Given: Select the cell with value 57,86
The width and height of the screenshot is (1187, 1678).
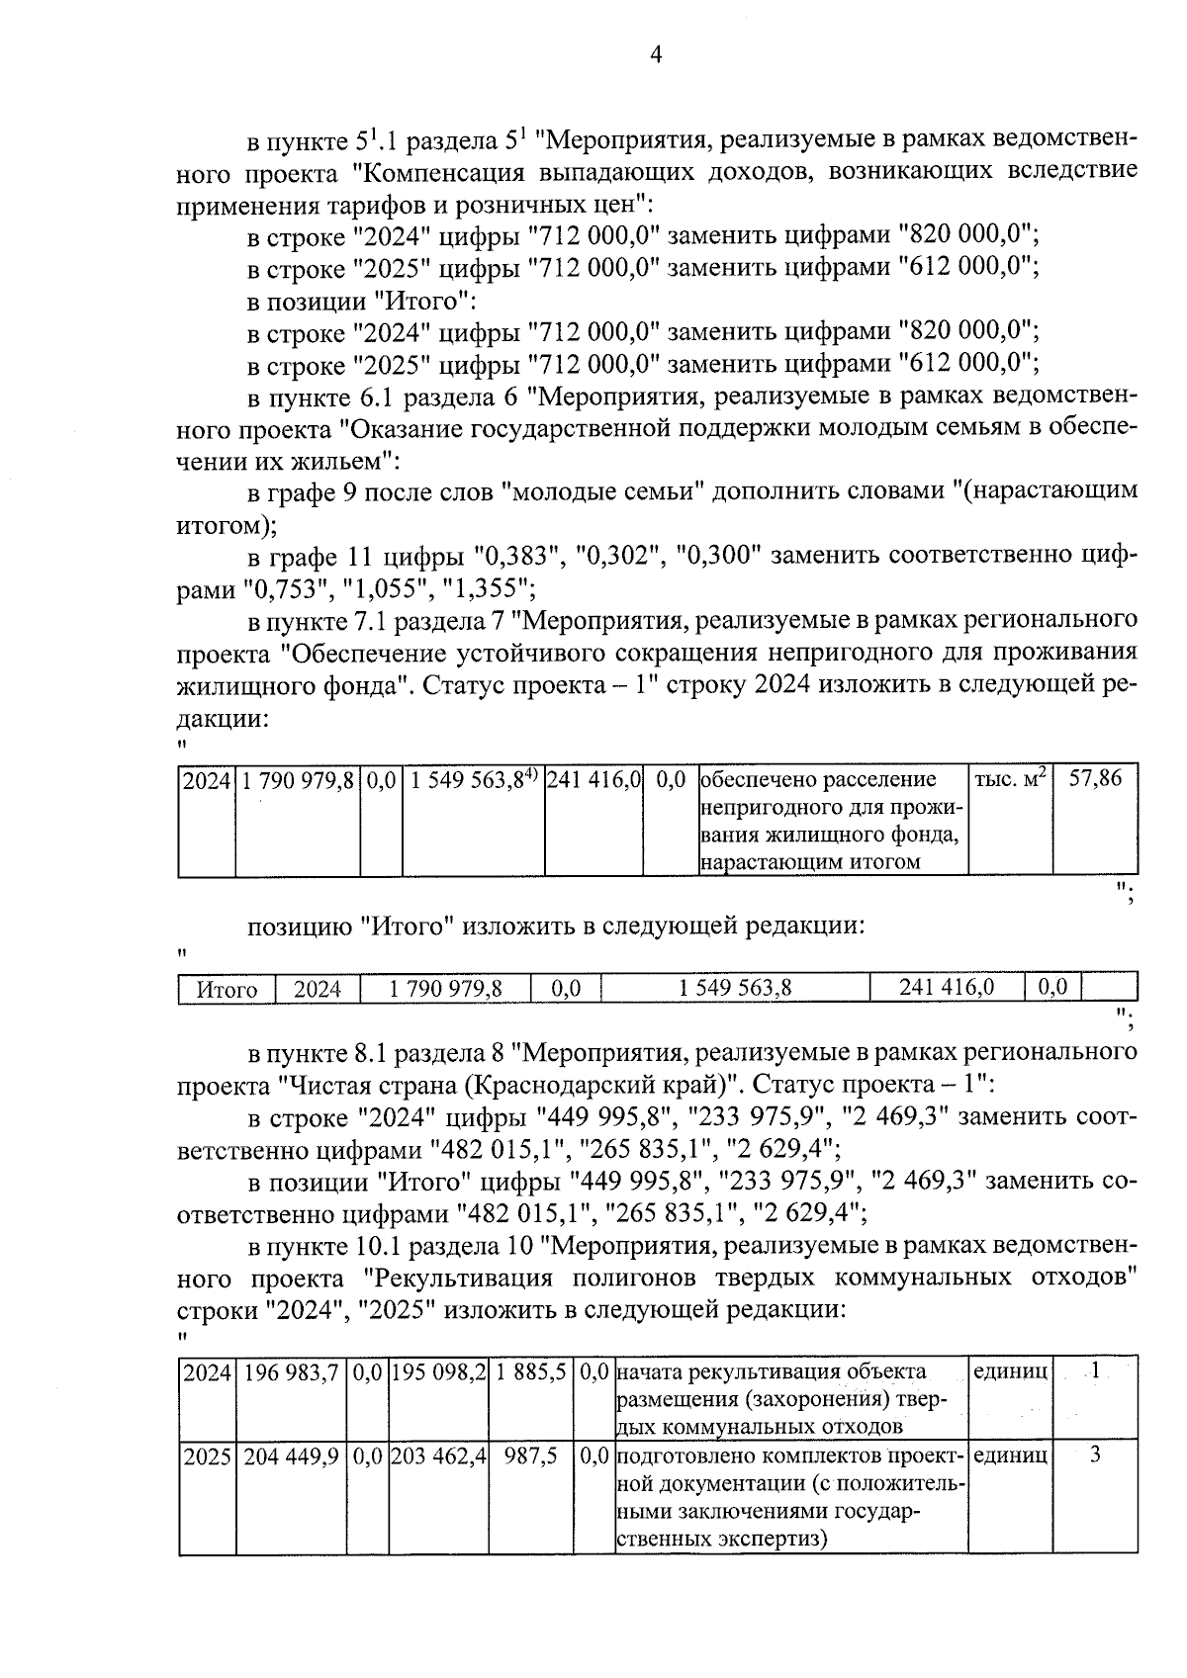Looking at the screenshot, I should [1095, 779].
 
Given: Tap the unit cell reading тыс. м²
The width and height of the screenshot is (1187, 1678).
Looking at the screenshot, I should [1010, 779].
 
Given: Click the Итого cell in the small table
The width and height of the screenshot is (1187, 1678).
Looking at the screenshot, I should [228, 990].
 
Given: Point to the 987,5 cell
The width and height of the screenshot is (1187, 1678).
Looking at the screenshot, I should [531, 1457].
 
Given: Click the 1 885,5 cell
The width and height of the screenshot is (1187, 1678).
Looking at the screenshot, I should [531, 1372].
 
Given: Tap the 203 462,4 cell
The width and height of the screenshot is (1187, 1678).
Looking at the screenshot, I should [438, 1457].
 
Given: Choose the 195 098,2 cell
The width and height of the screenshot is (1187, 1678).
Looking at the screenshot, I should [438, 1372].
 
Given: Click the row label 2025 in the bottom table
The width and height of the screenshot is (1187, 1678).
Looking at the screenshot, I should [206, 1457].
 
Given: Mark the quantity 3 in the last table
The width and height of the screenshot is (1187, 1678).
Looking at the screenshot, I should [1095, 1456].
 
